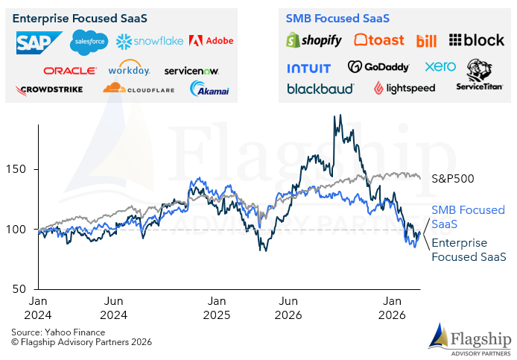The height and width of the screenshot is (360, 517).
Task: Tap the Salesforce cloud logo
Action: [x=89, y=42]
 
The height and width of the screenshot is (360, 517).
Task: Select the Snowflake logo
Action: [x=148, y=41]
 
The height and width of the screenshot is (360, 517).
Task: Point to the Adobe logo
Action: [x=211, y=41]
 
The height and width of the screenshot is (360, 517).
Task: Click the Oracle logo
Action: [x=69, y=71]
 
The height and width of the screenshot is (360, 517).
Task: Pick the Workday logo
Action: [x=129, y=69]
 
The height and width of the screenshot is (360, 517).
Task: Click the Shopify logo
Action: [x=314, y=40]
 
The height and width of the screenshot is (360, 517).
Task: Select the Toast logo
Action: [x=379, y=40]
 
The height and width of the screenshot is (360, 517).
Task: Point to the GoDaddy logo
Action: [x=378, y=67]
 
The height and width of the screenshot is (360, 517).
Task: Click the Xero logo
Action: [x=440, y=66]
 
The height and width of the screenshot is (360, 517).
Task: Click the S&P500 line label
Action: [x=453, y=179]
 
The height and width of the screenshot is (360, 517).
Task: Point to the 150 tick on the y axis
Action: [x=19, y=169]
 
